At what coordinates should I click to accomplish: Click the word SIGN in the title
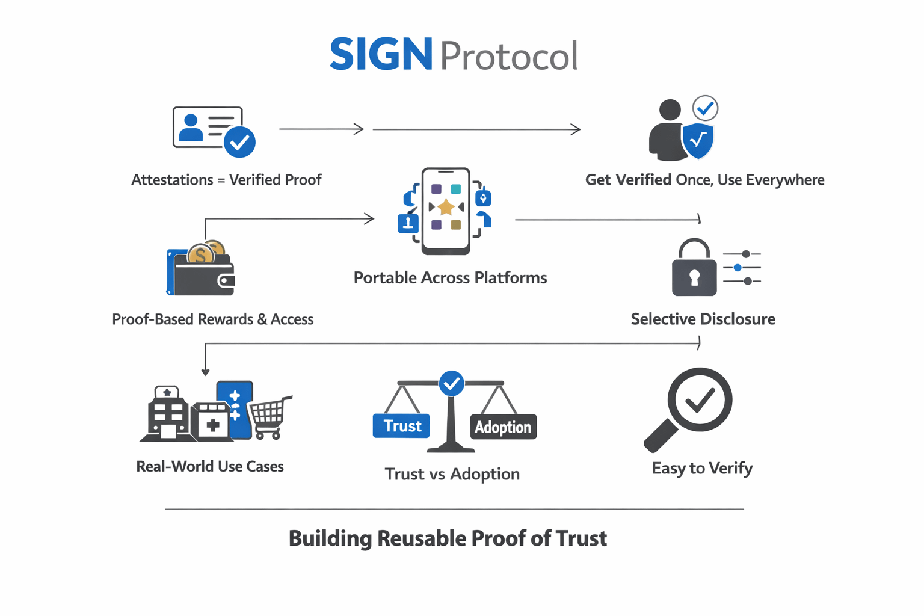[381, 54]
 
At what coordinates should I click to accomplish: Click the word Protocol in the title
[509, 56]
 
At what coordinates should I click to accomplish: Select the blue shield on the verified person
[698, 140]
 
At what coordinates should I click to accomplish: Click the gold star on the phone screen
[446, 208]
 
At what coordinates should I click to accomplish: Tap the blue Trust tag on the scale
[401, 426]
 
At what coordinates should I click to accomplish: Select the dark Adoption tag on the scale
[503, 427]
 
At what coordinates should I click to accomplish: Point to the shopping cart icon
[270, 416]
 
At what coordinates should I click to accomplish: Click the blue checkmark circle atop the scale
[451, 383]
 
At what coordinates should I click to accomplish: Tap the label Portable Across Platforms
[450, 278]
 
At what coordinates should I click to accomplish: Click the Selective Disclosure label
[703, 319]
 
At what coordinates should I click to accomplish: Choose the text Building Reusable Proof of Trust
[448, 538]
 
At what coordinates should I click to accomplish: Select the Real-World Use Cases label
[210, 466]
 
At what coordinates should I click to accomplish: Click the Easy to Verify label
[702, 468]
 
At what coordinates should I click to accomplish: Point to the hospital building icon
[167, 414]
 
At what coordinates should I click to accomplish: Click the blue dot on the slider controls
[738, 268]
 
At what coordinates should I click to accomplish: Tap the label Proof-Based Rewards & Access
[212, 319]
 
